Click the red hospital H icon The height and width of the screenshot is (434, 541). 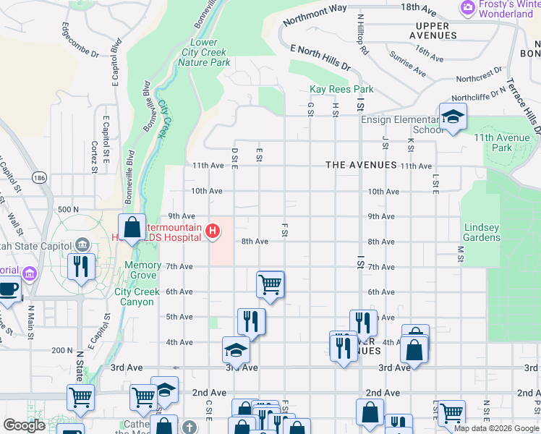pos(213,231)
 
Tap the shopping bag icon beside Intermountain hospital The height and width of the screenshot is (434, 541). pos(132,227)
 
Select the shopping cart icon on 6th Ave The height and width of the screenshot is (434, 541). pos(270,284)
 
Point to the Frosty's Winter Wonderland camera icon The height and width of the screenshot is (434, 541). pos(468,9)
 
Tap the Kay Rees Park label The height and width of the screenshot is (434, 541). pos(341,90)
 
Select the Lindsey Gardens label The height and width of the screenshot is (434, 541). pos(482,232)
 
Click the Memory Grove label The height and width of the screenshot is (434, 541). pos(142,271)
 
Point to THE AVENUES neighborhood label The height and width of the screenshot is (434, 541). pos(361,165)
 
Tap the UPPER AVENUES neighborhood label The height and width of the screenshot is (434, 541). pos(433,30)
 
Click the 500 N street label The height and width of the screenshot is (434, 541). pos(67,210)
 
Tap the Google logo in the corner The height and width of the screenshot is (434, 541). pos(24,425)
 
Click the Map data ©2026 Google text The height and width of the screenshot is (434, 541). pos(496,428)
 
